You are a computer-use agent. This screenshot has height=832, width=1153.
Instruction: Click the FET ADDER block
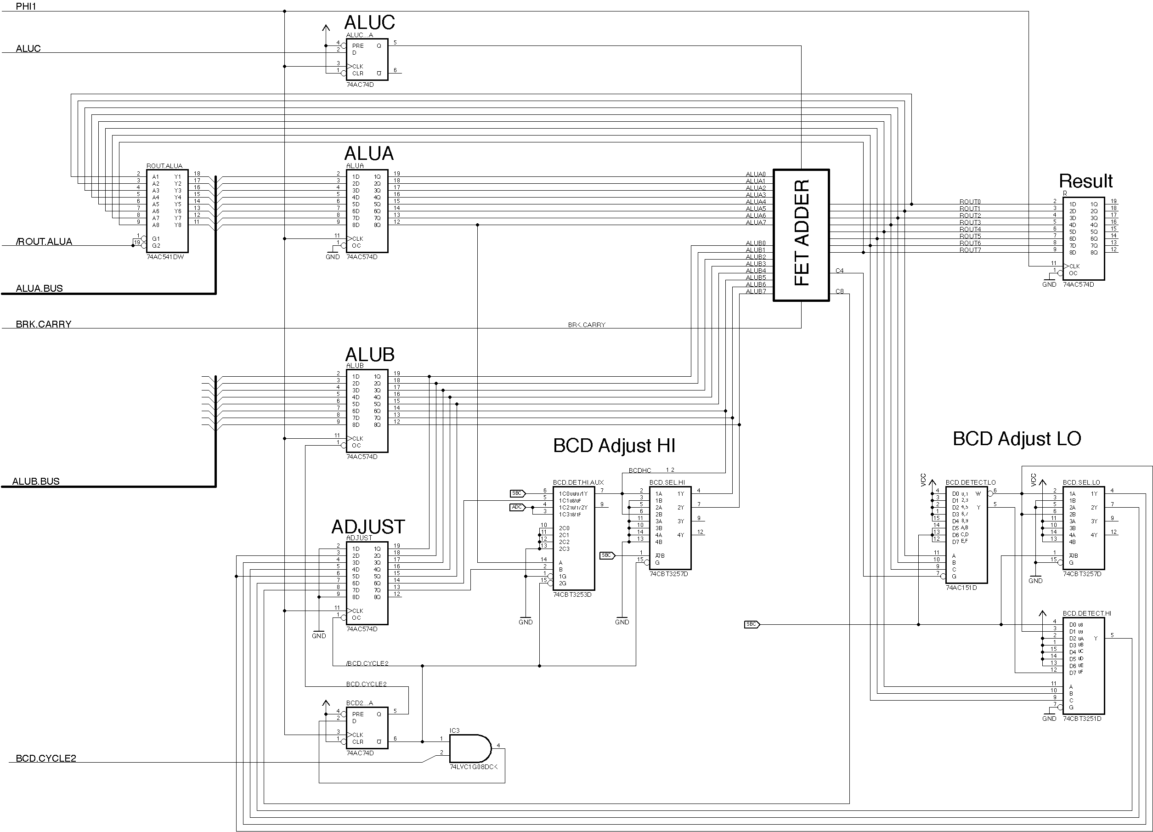[801, 235]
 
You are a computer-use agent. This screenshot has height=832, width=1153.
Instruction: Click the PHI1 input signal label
[26, 6]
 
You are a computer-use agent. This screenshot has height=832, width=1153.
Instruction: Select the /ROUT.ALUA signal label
[44, 242]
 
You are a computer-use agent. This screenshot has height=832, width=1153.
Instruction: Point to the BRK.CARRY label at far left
[43, 324]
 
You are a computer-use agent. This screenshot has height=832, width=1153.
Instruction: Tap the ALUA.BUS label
[39, 289]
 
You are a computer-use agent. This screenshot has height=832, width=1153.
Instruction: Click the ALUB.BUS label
[35, 481]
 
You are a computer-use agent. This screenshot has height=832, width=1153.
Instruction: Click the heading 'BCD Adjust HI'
[614, 446]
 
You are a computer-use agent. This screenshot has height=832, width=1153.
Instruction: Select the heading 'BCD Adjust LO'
[1017, 438]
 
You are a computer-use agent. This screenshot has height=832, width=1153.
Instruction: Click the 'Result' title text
[1086, 181]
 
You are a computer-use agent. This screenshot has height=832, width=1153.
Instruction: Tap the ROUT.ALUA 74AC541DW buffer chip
[167, 211]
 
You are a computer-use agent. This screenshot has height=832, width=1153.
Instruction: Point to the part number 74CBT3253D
[572, 594]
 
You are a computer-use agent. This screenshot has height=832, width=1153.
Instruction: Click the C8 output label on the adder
[839, 291]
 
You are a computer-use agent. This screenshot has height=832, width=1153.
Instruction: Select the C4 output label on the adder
[839, 271]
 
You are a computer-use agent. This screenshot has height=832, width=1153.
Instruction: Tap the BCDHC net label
[639, 470]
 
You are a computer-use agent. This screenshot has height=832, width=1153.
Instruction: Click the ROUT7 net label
[970, 250]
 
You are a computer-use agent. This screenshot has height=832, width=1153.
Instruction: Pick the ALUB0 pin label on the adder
[756, 243]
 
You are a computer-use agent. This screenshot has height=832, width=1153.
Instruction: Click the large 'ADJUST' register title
[368, 527]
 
